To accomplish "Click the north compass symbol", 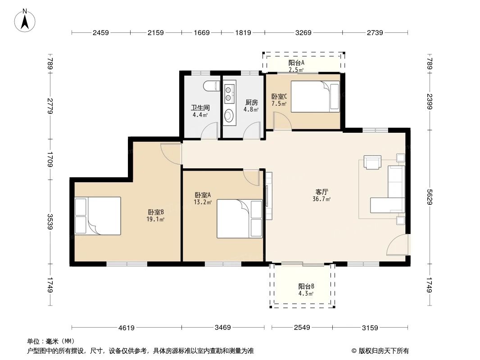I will pos(26,20).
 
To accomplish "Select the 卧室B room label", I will pos(156,212).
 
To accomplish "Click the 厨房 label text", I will pos(251,102).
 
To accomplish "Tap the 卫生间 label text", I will pos(200,108).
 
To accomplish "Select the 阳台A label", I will pos(296,63).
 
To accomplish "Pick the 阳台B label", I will pos(306,286).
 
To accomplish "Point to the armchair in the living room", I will pos(373,162).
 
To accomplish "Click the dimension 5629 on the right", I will pos(430,196).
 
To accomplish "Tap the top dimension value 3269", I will pos(303,32).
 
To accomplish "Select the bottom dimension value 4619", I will pos(127,328).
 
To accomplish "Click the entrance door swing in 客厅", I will pos(398,245).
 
